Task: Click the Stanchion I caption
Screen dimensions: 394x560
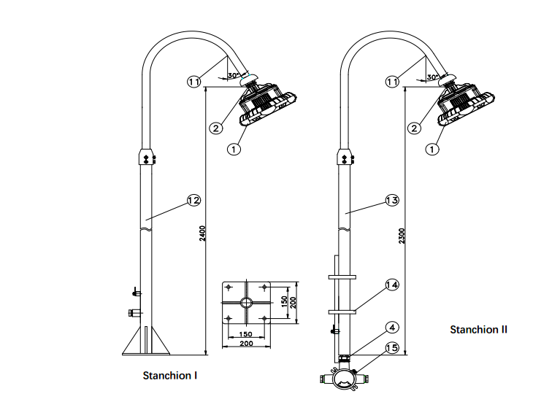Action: click(170, 376)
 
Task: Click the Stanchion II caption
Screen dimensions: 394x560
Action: click(478, 330)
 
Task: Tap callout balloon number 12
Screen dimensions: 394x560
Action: click(193, 200)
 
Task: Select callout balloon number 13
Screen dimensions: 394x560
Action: click(391, 200)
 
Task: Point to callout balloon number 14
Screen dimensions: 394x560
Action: click(391, 285)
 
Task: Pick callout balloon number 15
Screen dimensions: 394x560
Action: click(391, 348)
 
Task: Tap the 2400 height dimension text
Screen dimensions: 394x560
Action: click(202, 233)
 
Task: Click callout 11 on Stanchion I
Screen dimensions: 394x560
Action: click(193, 82)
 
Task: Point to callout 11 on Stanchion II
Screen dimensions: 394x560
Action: click(392, 82)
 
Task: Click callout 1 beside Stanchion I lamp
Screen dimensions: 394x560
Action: click(234, 149)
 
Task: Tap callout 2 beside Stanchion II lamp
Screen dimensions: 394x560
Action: click(414, 128)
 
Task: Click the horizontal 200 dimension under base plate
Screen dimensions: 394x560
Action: click(246, 342)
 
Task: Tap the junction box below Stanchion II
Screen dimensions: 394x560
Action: click(342, 379)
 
